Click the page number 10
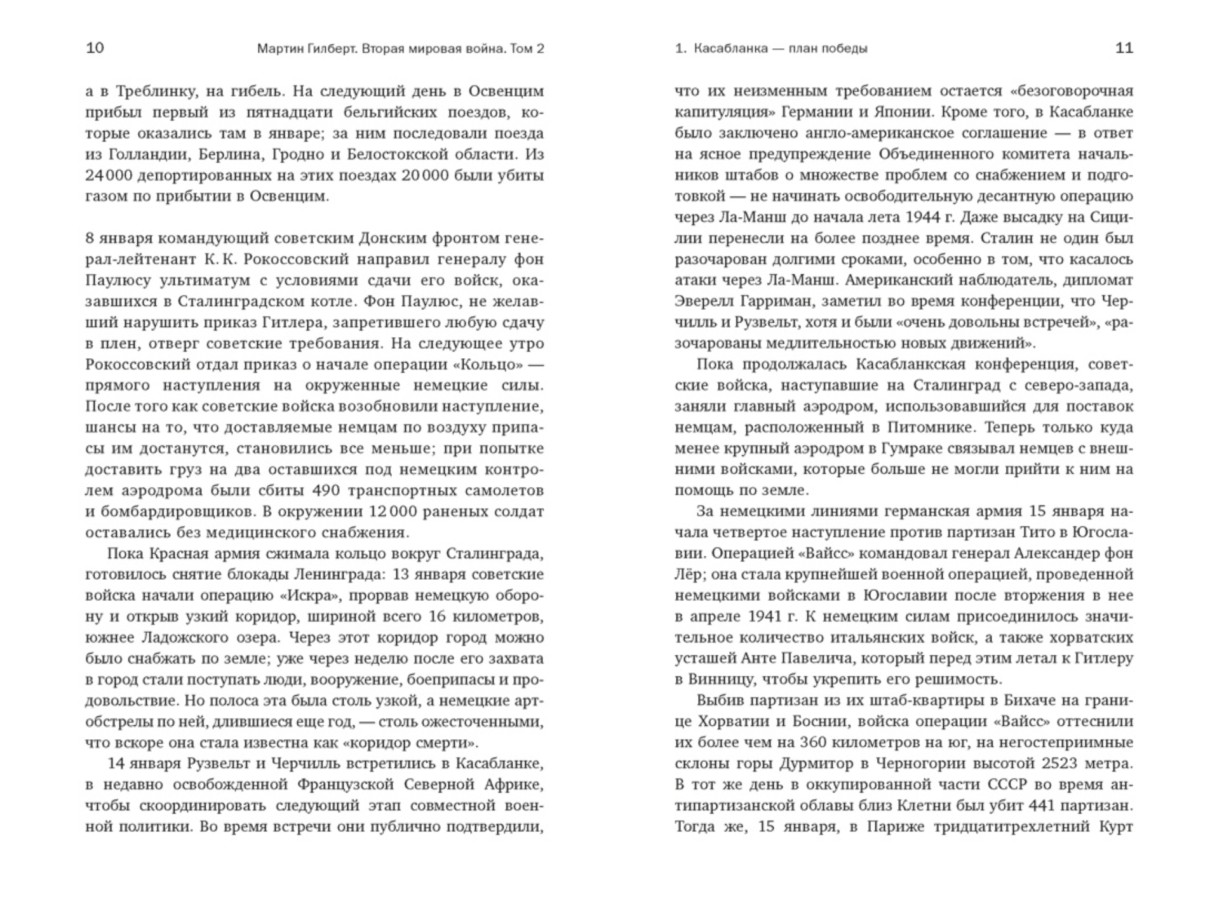coord(95,48)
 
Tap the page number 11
coord(1124,48)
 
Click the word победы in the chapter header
coord(845,49)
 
